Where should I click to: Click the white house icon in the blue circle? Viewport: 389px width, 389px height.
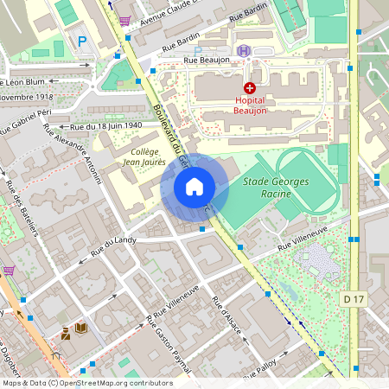(x=194, y=187)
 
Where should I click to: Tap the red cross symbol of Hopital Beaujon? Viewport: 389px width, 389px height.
(x=250, y=88)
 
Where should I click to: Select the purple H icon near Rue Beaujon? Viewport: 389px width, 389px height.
(x=245, y=52)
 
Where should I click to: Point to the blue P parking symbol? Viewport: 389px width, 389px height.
(x=82, y=41)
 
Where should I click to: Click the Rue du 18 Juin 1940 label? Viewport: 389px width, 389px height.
(x=105, y=126)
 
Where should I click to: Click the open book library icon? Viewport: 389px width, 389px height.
(x=81, y=328)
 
